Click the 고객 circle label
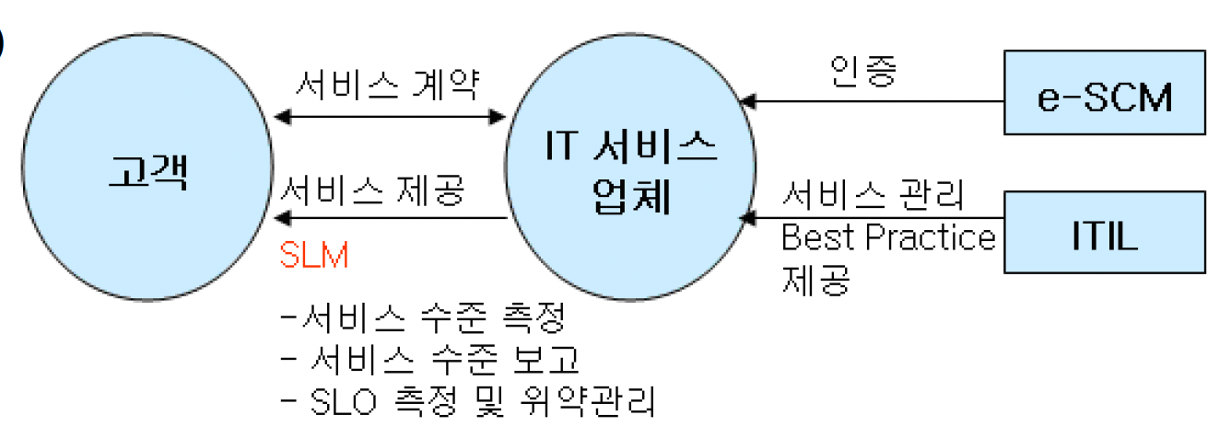[x=147, y=172]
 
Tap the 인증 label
[x=862, y=71]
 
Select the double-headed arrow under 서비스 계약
[x=392, y=117]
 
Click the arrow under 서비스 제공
[x=392, y=218]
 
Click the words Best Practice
[x=888, y=237]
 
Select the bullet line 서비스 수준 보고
[x=433, y=360]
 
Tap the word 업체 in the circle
[x=631, y=196]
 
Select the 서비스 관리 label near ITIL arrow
[x=873, y=194]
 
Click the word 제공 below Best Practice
[x=815, y=279]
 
